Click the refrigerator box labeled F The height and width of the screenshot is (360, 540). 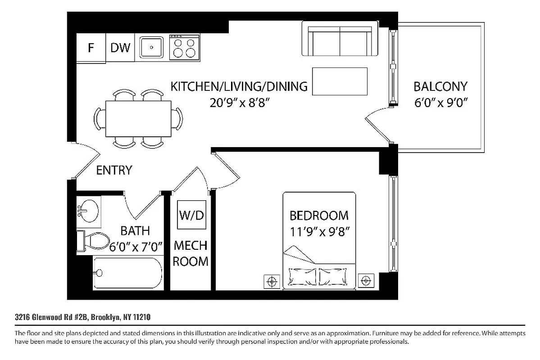pos(91,48)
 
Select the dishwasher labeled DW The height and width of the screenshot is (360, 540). pos(120,48)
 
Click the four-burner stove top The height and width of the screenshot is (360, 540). pos(185,47)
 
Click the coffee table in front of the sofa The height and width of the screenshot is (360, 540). pos(340,81)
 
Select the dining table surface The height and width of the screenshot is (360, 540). pos(138,119)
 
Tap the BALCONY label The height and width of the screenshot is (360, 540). pos(440,86)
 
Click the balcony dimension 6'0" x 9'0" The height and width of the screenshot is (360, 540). pos(440,103)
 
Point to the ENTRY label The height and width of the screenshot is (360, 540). pos(114,170)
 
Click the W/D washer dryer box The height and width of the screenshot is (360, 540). pos(191,216)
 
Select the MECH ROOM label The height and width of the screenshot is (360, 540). pos(191,253)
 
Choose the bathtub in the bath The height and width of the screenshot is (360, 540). pos(127,273)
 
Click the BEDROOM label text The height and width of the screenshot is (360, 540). pos(319,216)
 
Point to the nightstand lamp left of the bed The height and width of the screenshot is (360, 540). pos(271,282)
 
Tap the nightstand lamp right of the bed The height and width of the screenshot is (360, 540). pos(366,281)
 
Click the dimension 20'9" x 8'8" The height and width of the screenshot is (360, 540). pos(239,103)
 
